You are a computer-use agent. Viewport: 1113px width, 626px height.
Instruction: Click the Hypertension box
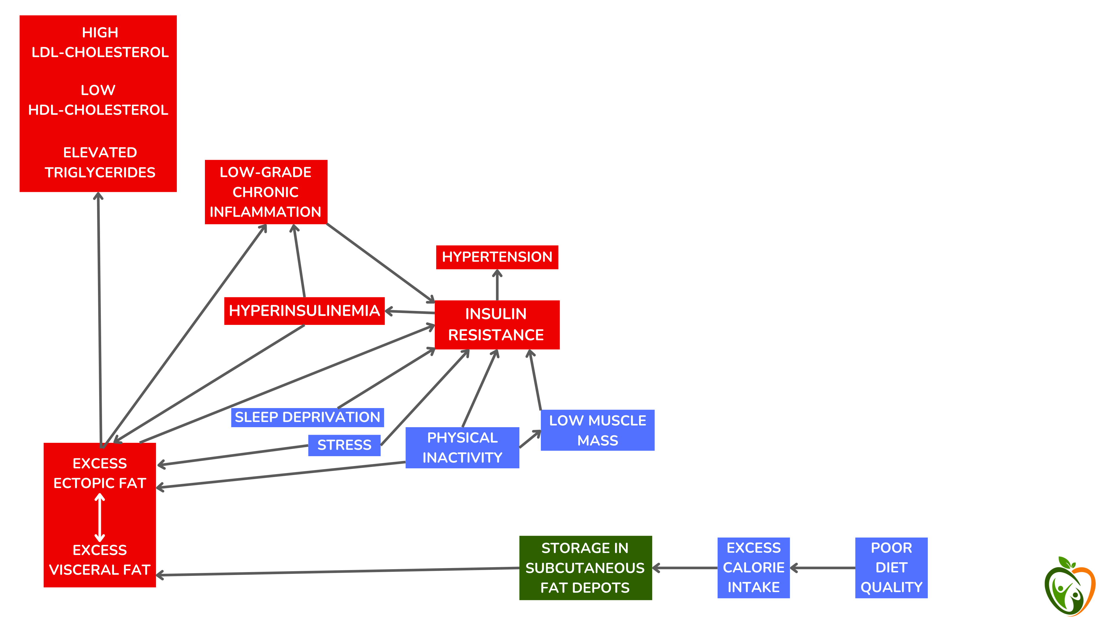pyautogui.click(x=497, y=257)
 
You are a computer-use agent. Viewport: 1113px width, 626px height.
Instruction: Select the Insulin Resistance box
pyautogui.click(x=497, y=325)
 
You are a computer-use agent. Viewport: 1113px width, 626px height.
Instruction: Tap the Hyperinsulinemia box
pyautogui.click(x=304, y=311)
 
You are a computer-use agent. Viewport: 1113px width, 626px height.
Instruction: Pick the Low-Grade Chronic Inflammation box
pyautogui.click(x=266, y=192)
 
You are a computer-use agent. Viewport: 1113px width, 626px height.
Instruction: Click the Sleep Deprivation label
pyautogui.click(x=307, y=417)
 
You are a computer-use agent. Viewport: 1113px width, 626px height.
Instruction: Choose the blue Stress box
pyautogui.click(x=344, y=445)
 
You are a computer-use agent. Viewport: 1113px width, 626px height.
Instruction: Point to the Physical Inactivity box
pyautogui.click(x=462, y=447)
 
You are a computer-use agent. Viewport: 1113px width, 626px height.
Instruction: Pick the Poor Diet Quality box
pyautogui.click(x=891, y=568)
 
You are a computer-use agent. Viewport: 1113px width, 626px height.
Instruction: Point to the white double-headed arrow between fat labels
pyautogui.click(x=100, y=517)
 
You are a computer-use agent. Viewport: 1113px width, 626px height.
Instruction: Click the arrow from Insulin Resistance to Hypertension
pyautogui.click(x=497, y=285)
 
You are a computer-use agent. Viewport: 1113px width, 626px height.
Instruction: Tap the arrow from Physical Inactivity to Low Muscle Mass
pyautogui.click(x=530, y=439)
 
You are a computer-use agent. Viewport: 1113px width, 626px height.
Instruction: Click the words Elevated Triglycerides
pyautogui.click(x=100, y=162)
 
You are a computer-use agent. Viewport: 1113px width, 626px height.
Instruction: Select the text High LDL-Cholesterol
pyautogui.click(x=100, y=42)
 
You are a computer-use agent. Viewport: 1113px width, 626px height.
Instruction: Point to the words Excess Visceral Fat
pyautogui.click(x=100, y=560)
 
